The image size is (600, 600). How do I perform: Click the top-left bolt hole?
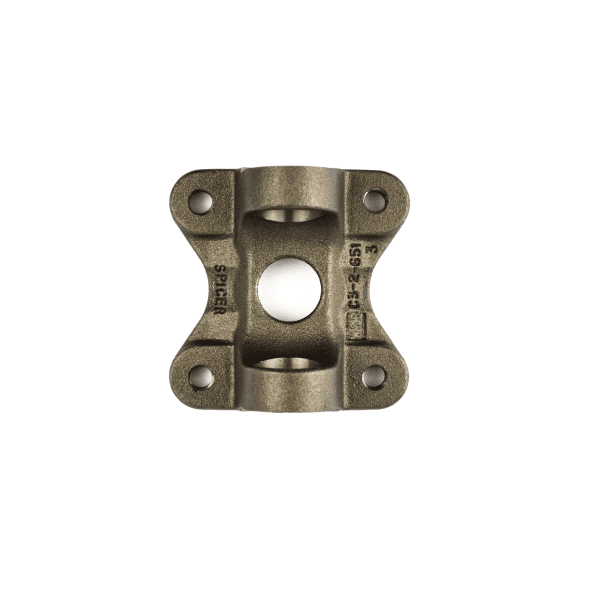[202, 200]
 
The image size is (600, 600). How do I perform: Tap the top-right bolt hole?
[374, 200]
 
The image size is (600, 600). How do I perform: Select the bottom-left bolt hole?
[202, 377]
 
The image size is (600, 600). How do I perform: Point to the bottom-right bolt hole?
[374, 376]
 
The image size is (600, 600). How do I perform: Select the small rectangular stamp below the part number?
[354, 325]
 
